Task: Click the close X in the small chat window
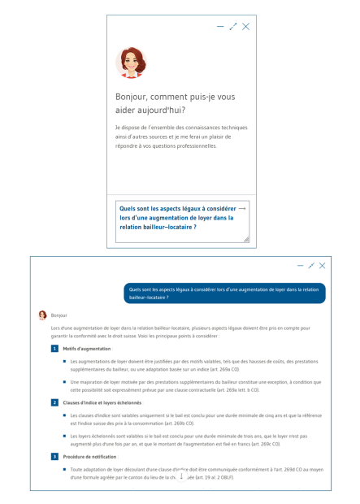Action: coord(246,27)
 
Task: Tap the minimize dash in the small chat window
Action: coord(220,27)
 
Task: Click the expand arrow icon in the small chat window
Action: coord(233,27)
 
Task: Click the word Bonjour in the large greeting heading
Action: coord(133,96)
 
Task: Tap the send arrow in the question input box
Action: coord(241,208)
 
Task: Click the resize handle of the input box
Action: coord(246,239)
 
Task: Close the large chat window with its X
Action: coord(322,266)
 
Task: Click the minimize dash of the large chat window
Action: coord(300,266)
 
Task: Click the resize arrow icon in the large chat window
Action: coord(311,266)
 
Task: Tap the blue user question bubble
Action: coord(225,293)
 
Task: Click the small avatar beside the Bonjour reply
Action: coord(42,315)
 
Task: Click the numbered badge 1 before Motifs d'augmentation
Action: coord(54,349)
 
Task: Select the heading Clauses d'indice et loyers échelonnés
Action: coord(102,402)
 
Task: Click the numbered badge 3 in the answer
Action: coord(54,457)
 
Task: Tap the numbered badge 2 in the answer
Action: coord(54,402)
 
